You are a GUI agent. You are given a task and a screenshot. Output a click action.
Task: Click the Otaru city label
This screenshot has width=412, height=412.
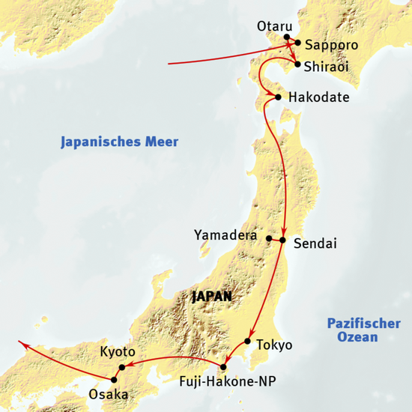[272, 25]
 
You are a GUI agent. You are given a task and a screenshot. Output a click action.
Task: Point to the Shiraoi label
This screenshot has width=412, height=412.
[328, 66]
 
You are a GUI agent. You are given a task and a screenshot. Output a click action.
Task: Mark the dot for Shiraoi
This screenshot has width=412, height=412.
[297, 65]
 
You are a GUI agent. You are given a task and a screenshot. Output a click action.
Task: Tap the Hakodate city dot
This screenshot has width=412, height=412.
[278, 97]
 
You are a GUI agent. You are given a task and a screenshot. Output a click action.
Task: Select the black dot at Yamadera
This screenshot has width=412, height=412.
[269, 240]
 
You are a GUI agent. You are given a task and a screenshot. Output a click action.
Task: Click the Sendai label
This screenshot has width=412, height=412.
[315, 244]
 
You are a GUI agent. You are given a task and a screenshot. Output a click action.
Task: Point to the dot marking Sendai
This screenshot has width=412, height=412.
[283, 240]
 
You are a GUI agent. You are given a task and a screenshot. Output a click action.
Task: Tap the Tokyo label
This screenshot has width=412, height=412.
[273, 345]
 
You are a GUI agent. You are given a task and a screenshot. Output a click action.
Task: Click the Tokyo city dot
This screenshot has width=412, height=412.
[246, 342]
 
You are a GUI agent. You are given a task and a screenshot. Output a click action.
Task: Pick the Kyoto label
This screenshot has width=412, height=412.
[117, 351]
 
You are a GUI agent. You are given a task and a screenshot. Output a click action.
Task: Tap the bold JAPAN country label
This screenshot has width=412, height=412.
[212, 297]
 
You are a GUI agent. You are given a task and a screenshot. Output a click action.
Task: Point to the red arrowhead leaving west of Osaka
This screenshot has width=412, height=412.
[22, 344]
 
